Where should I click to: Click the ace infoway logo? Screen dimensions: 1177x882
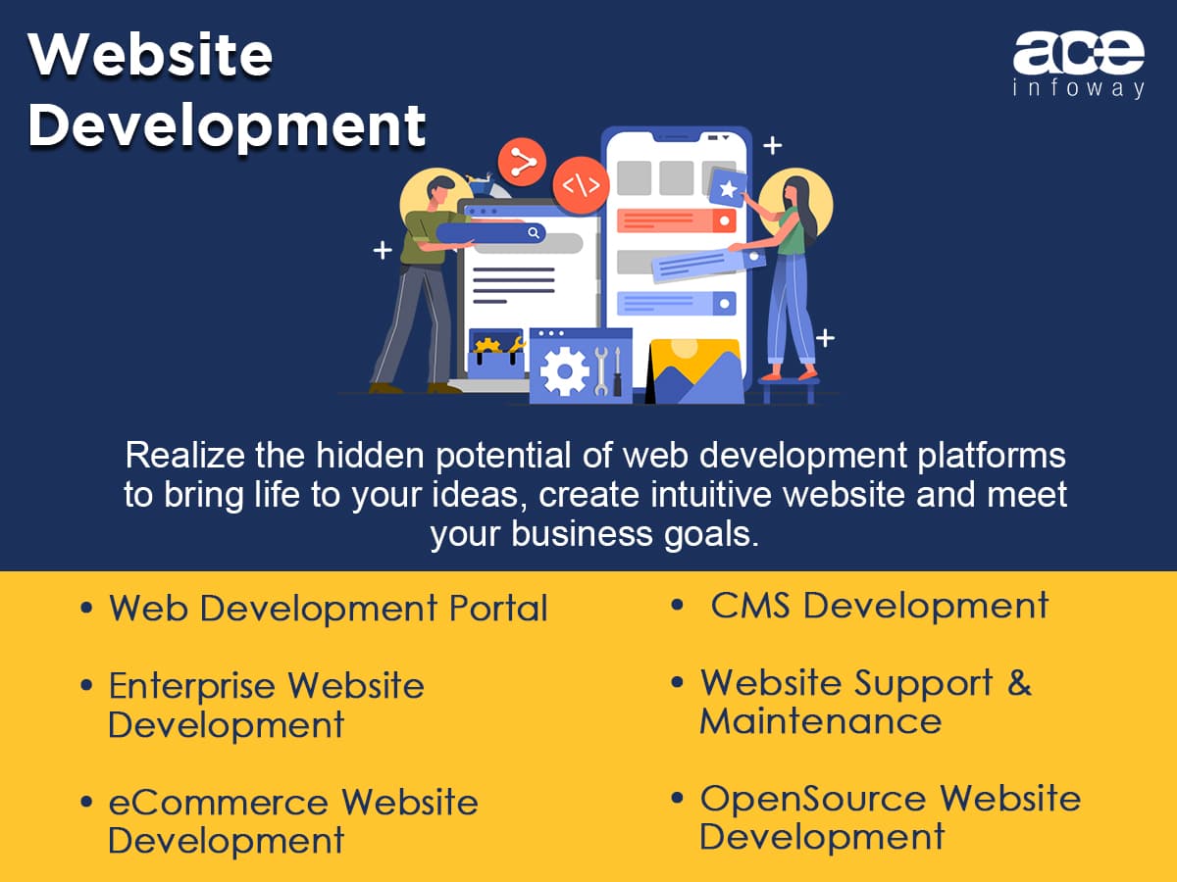(x=1078, y=65)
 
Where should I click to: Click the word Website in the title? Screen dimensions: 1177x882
(x=150, y=55)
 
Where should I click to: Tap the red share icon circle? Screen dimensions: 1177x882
(x=522, y=162)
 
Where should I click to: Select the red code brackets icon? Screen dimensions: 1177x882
(x=582, y=185)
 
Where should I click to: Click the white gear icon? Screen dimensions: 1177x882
(x=564, y=370)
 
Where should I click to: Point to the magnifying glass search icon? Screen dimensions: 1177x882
(x=534, y=232)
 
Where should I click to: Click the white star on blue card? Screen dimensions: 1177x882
(x=728, y=188)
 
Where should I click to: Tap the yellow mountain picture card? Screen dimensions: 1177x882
(x=695, y=370)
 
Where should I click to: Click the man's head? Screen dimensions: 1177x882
(x=441, y=191)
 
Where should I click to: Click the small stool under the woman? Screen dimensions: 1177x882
(x=789, y=390)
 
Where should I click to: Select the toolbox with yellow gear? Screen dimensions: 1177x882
(x=496, y=354)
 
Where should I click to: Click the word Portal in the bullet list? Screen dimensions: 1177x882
(x=498, y=609)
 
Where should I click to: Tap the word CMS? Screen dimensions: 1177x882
(x=749, y=606)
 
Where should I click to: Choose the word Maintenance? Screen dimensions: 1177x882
(x=820, y=721)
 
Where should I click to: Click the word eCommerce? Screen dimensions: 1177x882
(x=219, y=803)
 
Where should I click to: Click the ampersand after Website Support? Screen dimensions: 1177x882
(x=1019, y=683)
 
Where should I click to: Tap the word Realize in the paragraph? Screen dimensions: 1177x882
(x=185, y=456)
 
